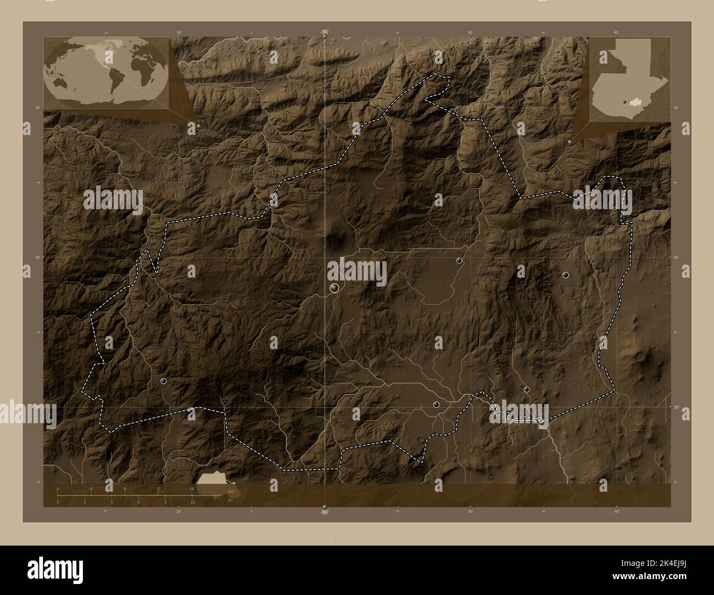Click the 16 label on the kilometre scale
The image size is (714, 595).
(x=192, y=489)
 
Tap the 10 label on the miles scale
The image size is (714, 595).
(x=192, y=502)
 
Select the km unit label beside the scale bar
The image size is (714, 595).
(x=230, y=492)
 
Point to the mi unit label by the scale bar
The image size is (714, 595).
(x=229, y=500)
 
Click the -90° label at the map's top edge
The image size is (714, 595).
(x=324, y=32)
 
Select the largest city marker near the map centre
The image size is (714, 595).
(x=334, y=288)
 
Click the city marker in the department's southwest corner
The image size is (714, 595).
(x=163, y=380)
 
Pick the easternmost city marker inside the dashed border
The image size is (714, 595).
(x=565, y=275)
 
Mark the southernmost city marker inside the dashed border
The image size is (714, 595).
(x=436, y=405)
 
